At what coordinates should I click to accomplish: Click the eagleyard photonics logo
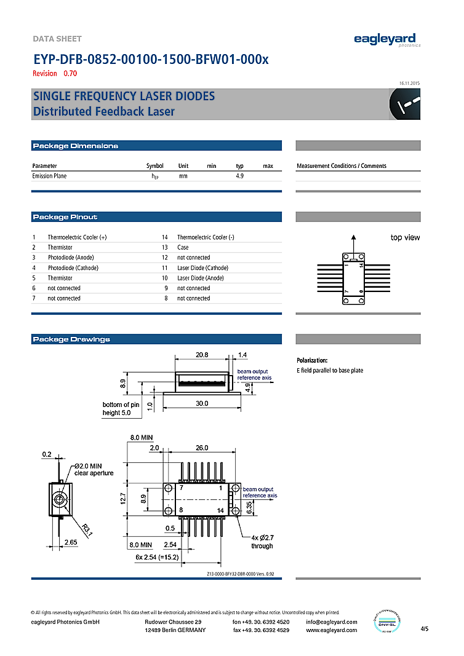pos(387,40)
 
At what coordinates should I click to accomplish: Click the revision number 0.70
pos(70,74)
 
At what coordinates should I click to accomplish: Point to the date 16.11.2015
pos(409,83)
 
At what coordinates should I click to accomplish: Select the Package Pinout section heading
pos(65,217)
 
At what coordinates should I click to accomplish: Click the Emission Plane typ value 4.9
pos(240,176)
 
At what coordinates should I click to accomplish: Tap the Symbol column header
pos(155,166)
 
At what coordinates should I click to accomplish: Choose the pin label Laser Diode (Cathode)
pos(202,268)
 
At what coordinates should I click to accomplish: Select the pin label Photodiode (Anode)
pos(71,258)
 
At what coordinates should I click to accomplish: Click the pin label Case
pos(183,247)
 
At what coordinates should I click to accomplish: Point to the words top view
pos(405,238)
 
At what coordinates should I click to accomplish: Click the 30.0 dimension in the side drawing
pos(202,403)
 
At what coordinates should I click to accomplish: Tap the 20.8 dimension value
pos(202,355)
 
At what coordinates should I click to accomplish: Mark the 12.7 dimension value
pos(123,499)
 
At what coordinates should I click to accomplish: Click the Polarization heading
pos(312,360)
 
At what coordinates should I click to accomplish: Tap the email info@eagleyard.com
pos(331,622)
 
